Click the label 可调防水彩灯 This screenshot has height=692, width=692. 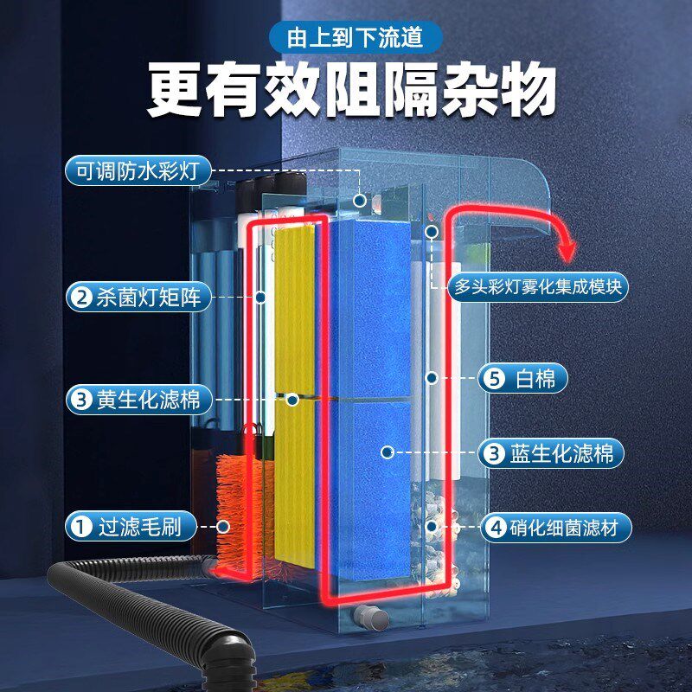[x=138, y=171]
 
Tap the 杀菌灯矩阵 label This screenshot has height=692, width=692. [x=138, y=298]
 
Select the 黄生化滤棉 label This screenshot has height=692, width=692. [x=138, y=400]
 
